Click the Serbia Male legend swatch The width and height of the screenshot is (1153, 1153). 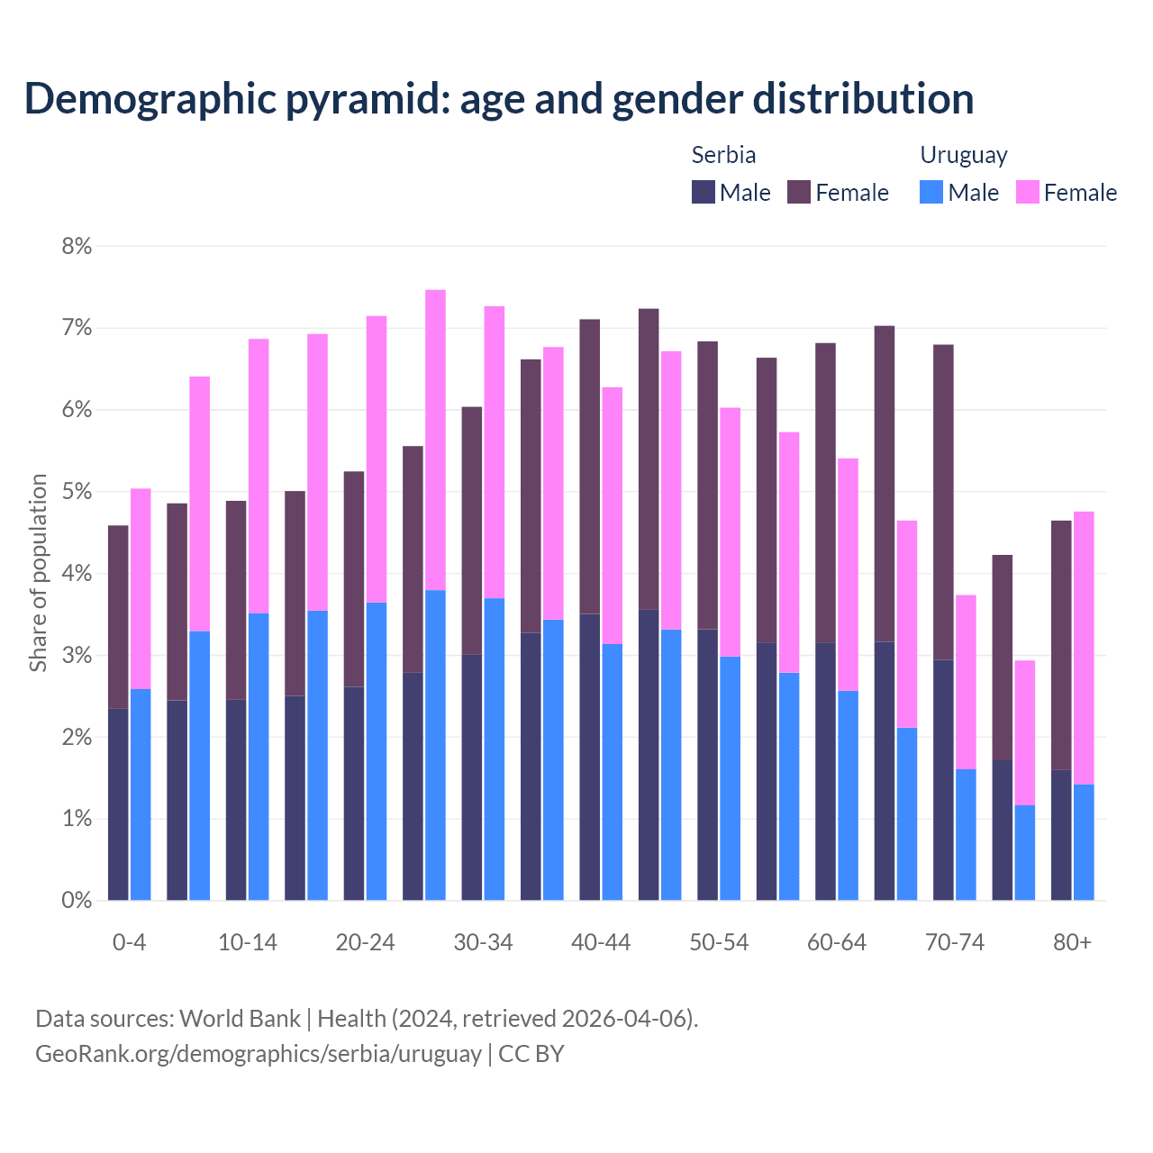(x=703, y=192)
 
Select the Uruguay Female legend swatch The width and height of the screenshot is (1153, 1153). (x=1027, y=192)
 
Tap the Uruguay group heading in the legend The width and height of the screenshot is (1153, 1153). (x=963, y=155)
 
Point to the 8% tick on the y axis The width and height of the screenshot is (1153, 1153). (x=77, y=246)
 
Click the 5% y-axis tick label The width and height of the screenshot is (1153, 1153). (x=77, y=492)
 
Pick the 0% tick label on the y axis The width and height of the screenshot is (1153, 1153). (x=77, y=900)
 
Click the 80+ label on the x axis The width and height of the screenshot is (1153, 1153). (x=1072, y=942)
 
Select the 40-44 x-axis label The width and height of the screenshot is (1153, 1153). (x=601, y=942)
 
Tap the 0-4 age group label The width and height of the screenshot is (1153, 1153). (x=129, y=942)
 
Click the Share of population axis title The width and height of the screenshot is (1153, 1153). (x=38, y=573)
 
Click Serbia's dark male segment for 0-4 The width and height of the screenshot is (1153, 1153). (x=118, y=804)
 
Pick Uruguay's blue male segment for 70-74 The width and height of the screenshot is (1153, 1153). (x=966, y=834)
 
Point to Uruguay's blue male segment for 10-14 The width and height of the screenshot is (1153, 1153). (x=259, y=757)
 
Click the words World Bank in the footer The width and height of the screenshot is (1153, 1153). (x=240, y=1019)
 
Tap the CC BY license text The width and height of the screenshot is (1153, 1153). (x=531, y=1054)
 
